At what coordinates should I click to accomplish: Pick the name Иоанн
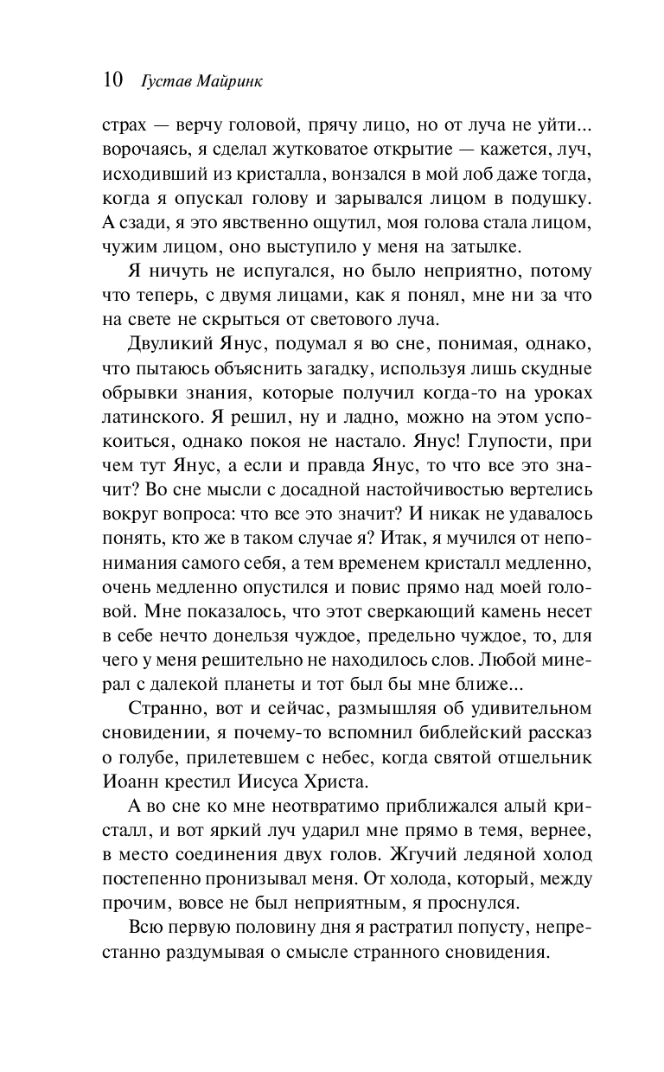pos(126,782)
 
